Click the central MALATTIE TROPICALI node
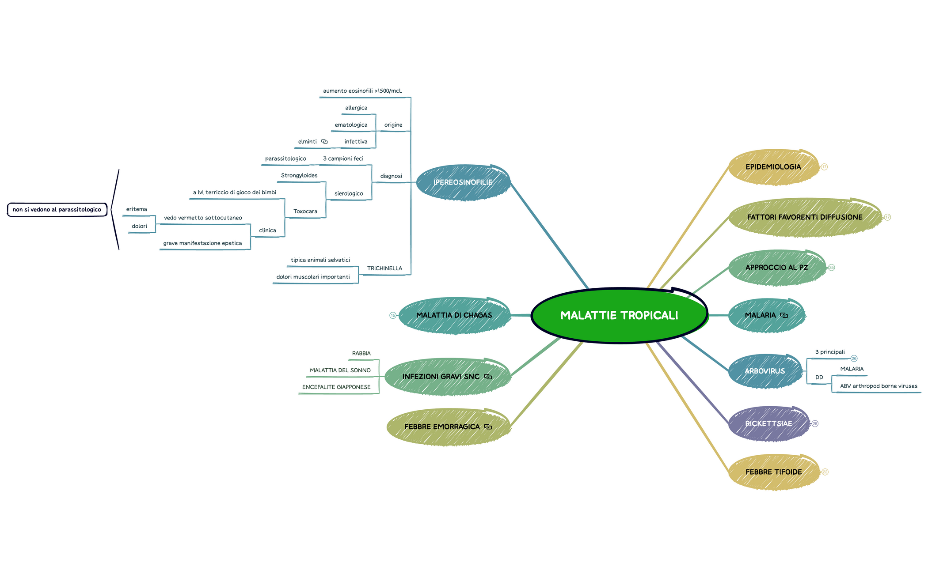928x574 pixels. pos(619,315)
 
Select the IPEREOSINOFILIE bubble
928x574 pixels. pos(463,182)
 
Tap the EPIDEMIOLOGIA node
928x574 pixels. pos(773,167)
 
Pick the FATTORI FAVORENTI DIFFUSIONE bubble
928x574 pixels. pos(804,217)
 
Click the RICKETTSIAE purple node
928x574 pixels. pos(768,423)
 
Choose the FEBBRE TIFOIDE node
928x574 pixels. pos(773,472)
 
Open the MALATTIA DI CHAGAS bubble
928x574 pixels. pos(454,315)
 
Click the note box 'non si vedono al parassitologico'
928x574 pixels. pos(57,210)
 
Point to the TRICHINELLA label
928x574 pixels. pos(384,268)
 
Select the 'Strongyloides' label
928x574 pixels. pos(299,175)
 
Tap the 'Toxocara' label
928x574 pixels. pos(305,211)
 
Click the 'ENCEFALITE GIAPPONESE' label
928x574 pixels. pos(336,387)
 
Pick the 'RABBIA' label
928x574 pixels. pos(361,353)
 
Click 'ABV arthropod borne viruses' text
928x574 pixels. pos(879,386)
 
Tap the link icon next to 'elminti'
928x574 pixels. pos(324,142)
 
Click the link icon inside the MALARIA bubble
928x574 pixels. pos(784,315)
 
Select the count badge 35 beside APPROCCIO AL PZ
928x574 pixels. pos(831,268)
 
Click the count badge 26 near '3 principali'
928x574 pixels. pos(854,359)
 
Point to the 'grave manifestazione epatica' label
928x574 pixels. pos(202,243)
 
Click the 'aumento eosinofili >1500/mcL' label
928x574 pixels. pos(362,91)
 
